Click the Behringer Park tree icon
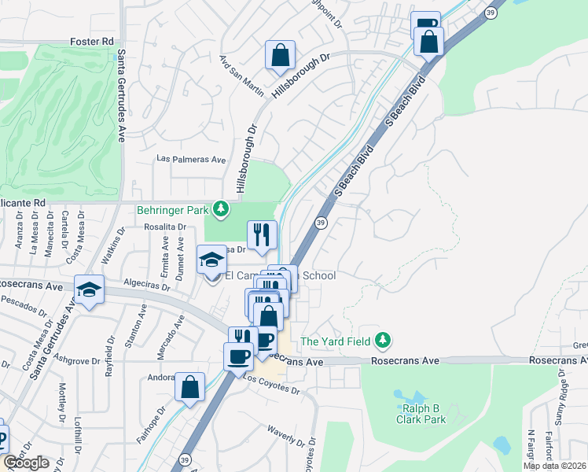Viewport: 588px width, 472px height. (222, 209)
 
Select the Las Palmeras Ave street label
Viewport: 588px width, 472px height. (191, 159)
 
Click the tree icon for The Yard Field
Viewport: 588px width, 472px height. (383, 341)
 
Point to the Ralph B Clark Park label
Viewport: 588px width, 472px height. (415, 414)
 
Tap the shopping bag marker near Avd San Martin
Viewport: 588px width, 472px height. (280, 56)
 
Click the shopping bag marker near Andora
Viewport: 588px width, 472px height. (189, 387)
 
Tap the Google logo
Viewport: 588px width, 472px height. (26, 463)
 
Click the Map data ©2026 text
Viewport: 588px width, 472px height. (555, 466)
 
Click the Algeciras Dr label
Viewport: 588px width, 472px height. (145, 285)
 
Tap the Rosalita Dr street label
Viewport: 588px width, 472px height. (164, 227)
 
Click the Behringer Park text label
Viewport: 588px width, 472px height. (173, 210)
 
